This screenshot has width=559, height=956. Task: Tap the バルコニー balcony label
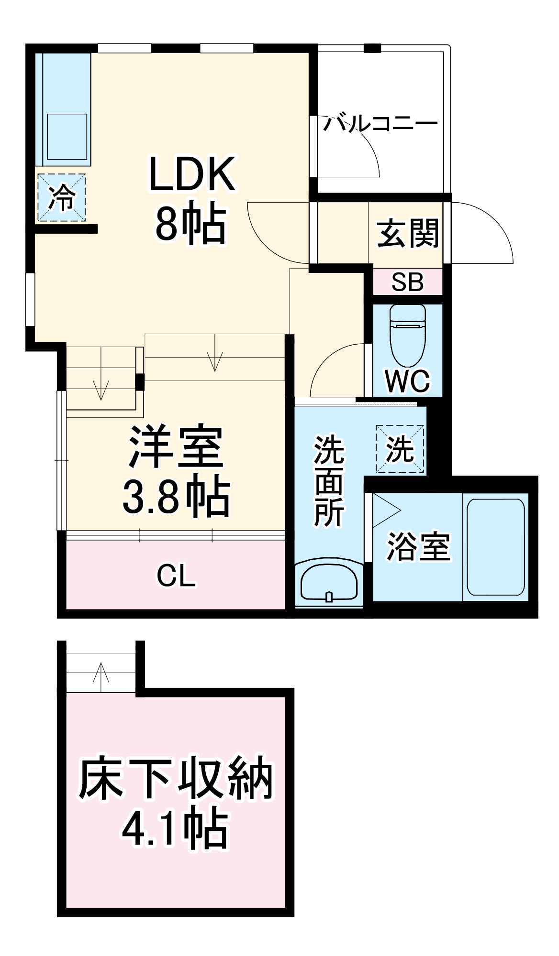click(380, 123)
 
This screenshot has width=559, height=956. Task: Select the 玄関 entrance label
click(408, 234)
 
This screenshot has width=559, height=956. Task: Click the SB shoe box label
click(407, 282)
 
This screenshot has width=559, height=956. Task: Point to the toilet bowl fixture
click(408, 335)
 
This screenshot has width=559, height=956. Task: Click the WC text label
click(407, 381)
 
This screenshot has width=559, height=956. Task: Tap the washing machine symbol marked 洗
click(400, 449)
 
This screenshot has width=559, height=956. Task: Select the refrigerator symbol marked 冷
click(62, 197)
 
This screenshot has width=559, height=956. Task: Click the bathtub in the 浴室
click(496, 547)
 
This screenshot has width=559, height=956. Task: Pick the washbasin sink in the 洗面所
click(329, 583)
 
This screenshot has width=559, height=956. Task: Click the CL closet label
click(176, 576)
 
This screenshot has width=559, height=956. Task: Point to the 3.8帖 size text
click(176, 496)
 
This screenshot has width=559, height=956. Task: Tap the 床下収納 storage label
click(176, 779)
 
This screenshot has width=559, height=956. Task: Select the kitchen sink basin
click(67, 136)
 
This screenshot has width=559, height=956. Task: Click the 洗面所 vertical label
click(329, 480)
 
